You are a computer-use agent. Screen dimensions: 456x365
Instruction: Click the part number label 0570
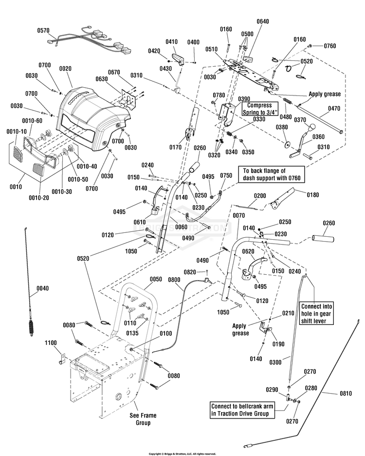click(44, 30)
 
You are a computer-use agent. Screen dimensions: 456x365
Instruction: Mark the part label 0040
click(43, 288)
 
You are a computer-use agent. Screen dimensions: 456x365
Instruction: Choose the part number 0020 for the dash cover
click(65, 69)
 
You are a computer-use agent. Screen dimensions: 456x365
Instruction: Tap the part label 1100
click(51, 343)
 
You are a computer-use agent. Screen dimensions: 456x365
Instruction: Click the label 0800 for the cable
click(174, 280)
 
